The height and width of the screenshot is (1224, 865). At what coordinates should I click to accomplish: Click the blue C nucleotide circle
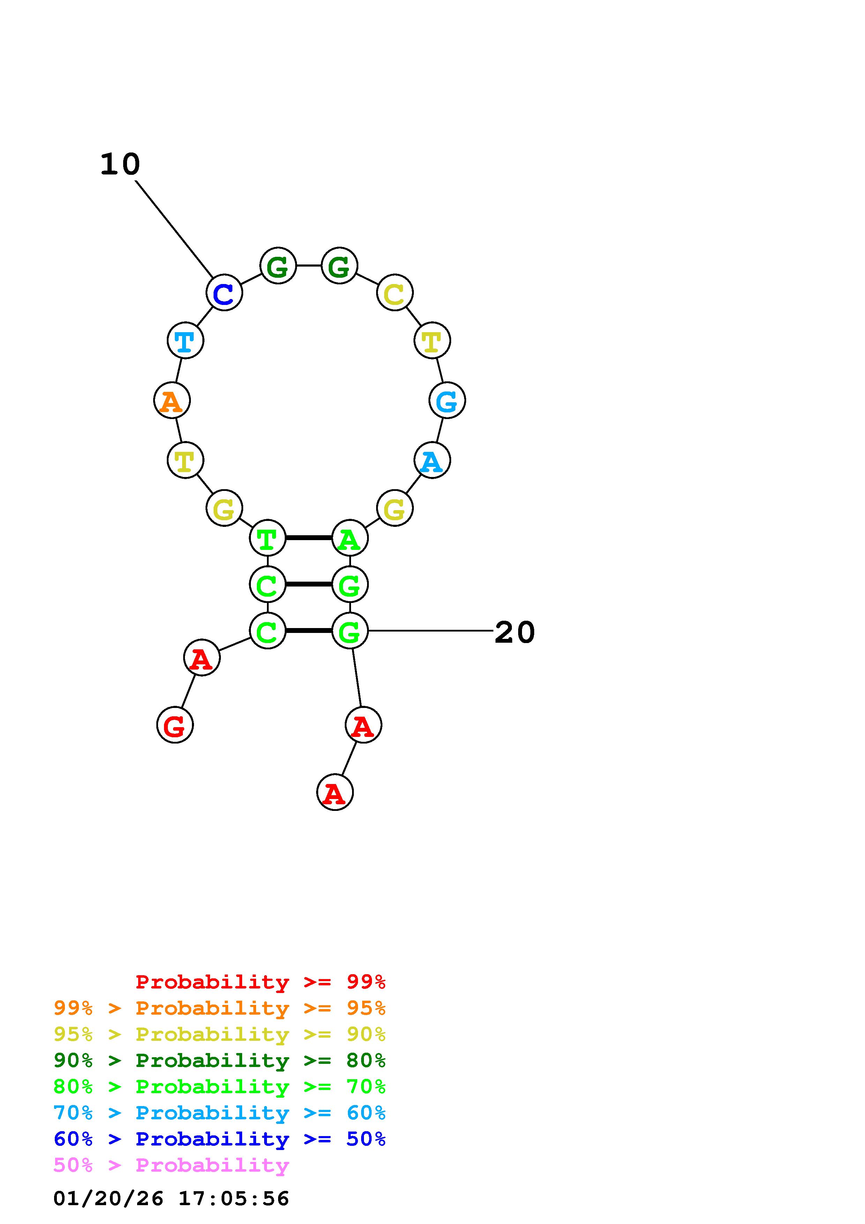(x=224, y=293)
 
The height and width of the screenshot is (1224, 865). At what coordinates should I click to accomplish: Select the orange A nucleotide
(x=172, y=400)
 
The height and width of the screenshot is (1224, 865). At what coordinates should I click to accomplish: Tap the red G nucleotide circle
(x=175, y=725)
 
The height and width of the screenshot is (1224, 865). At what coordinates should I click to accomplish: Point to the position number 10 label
(x=120, y=164)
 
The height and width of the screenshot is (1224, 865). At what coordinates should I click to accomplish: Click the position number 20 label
(x=514, y=632)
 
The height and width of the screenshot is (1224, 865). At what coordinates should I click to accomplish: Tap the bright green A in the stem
(x=350, y=538)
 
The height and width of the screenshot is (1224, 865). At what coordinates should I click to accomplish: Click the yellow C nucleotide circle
(x=394, y=293)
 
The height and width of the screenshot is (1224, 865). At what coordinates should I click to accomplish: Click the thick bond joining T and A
(x=308, y=538)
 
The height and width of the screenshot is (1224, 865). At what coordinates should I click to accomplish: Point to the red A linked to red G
(x=201, y=658)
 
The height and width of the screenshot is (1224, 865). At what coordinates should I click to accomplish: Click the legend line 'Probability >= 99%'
(x=261, y=982)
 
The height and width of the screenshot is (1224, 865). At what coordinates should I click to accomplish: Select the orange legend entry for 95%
(x=219, y=1008)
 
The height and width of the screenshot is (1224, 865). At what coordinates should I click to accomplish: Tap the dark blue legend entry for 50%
(x=219, y=1139)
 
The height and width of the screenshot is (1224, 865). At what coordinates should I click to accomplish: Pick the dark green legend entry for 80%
(x=219, y=1060)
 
